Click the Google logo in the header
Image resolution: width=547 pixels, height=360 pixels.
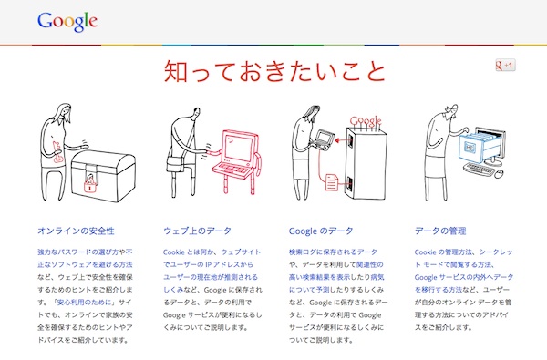[67, 22]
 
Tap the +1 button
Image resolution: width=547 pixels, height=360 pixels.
[505, 66]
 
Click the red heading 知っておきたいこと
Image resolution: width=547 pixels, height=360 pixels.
[274, 71]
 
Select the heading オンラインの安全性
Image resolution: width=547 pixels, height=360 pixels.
[76, 231]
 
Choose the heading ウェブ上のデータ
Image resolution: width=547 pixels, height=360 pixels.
[197, 231]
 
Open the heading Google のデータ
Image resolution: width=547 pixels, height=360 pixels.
[321, 231]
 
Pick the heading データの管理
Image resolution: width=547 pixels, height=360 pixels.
[440, 231]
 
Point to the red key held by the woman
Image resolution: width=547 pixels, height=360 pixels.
[57, 152]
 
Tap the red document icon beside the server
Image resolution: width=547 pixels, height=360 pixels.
[332, 181]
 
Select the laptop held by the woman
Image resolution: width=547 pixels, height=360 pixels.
[324, 139]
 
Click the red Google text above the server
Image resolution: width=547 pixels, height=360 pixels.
[366, 121]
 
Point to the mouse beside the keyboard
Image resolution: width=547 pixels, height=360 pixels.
[500, 173]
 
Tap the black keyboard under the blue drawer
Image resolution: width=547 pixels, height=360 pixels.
[479, 170]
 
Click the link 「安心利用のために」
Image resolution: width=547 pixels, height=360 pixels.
[84, 302]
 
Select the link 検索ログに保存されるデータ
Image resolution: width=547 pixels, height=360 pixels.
[333, 252]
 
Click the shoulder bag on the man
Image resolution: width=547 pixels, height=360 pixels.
[175, 164]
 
